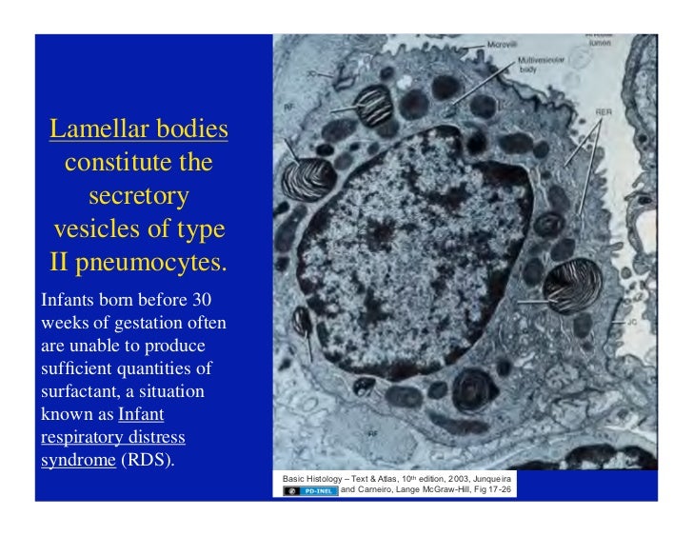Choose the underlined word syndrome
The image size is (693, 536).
coord(74,460)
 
